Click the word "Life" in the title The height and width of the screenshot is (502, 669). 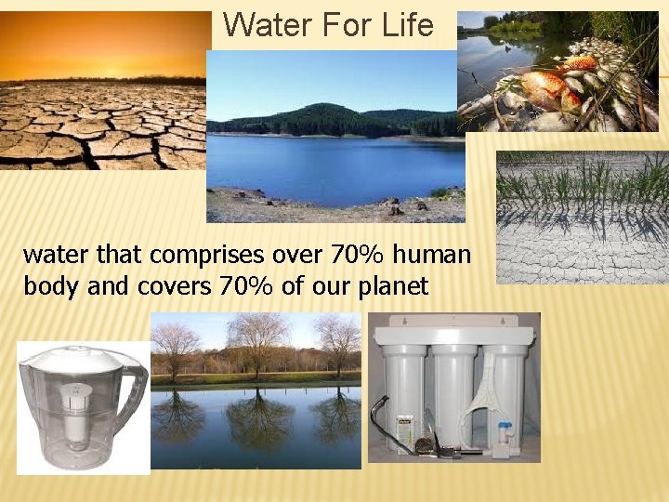pos(408,25)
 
